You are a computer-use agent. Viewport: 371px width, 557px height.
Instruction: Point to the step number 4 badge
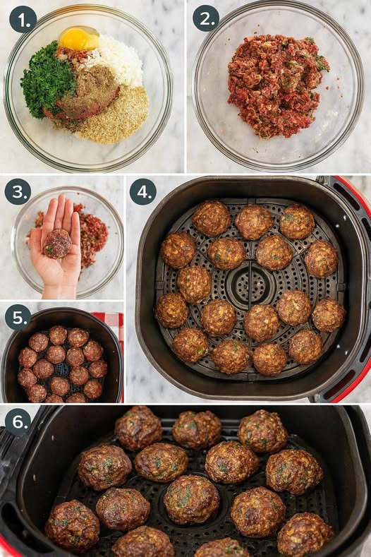point(143,191)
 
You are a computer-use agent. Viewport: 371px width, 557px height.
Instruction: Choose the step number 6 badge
point(18,422)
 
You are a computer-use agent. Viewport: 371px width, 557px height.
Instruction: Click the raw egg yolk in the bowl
point(79,39)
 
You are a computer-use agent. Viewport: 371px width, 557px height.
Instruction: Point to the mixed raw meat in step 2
point(277,86)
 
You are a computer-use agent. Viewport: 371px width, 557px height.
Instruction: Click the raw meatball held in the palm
point(57,244)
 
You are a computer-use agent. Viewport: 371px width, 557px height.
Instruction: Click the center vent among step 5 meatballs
point(62,370)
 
